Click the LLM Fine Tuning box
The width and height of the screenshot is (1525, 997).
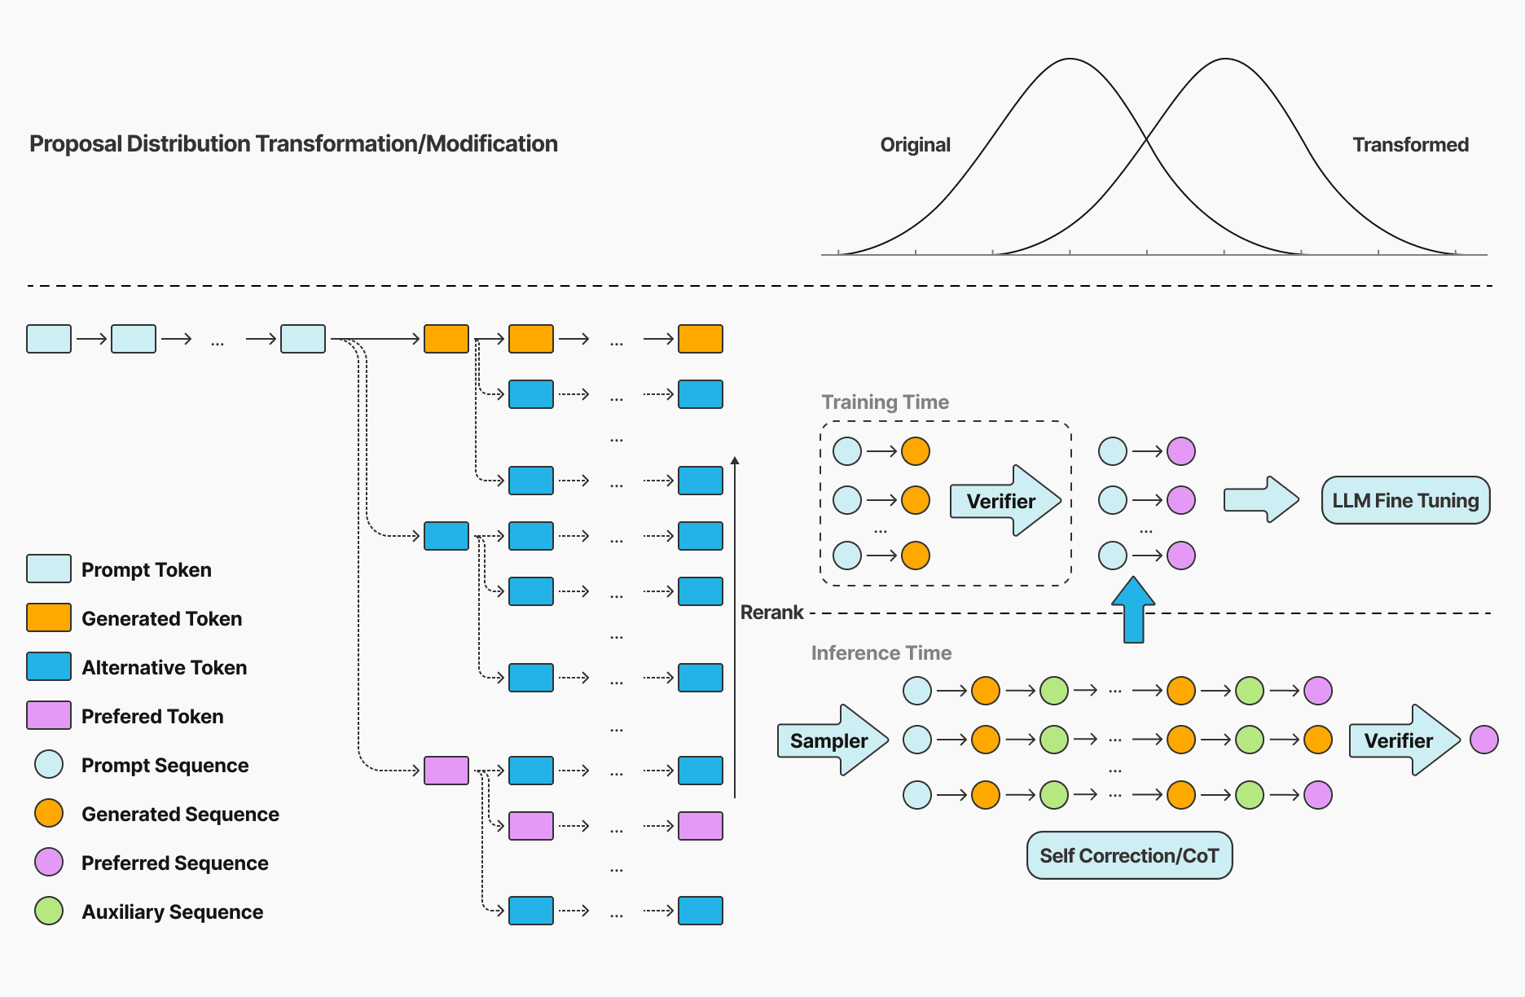pyautogui.click(x=1405, y=500)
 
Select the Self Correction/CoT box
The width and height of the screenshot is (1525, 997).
pyautogui.click(x=1129, y=855)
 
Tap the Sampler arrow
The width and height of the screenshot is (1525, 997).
pyautogui.click(x=832, y=740)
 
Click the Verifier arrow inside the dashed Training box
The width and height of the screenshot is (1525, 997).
pyautogui.click(x=1004, y=501)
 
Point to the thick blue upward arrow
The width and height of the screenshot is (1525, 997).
pyautogui.click(x=1133, y=611)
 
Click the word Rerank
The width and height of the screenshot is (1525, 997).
pyautogui.click(x=771, y=613)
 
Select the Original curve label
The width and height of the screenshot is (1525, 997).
pyautogui.click(x=915, y=145)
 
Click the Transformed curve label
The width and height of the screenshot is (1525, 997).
pyautogui.click(x=1410, y=145)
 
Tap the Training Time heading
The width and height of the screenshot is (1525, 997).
pyautogui.click(x=885, y=402)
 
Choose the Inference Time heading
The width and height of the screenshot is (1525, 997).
pyautogui.click(x=881, y=653)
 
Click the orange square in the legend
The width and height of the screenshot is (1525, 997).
pyautogui.click(x=49, y=618)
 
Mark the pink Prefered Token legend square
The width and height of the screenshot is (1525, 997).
pyautogui.click(x=49, y=716)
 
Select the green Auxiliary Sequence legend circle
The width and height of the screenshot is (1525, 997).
pyautogui.click(x=49, y=911)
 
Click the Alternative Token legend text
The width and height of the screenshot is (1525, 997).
pyautogui.click(x=164, y=668)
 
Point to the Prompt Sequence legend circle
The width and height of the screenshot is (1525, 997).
pyautogui.click(x=49, y=765)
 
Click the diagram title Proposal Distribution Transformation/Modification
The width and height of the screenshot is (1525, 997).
pyautogui.click(x=293, y=144)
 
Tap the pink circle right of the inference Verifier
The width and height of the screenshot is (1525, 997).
pyautogui.click(x=1483, y=740)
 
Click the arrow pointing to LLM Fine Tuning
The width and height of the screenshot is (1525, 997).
pyautogui.click(x=1260, y=500)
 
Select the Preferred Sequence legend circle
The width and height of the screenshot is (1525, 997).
pyautogui.click(x=49, y=863)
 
